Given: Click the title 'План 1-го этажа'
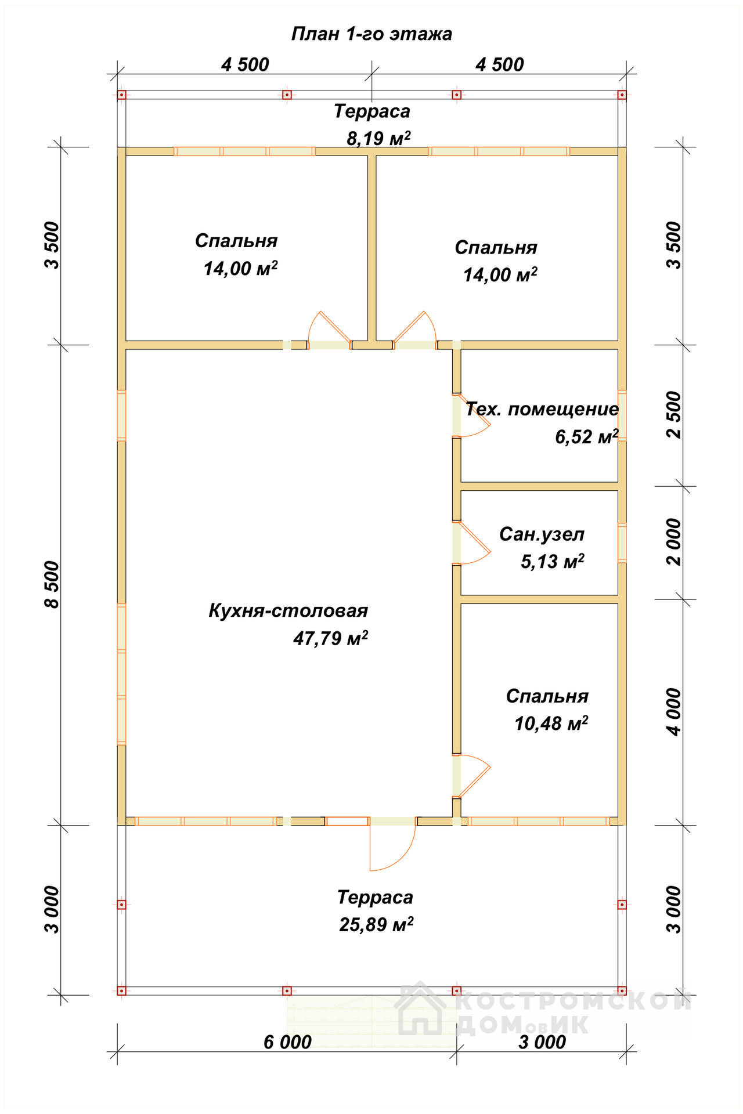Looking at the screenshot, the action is [371, 34].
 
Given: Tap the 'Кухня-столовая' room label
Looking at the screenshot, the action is [288, 610].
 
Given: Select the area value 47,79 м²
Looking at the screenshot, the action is [330, 638].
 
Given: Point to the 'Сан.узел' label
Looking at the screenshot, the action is [542, 534].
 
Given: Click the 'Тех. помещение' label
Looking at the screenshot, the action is [542, 409].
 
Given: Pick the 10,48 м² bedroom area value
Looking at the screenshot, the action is [551, 724].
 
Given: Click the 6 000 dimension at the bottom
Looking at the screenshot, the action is [287, 1042].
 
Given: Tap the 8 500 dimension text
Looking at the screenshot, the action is [52, 584].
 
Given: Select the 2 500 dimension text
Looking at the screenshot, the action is [673, 415].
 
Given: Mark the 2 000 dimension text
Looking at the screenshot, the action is [673, 542].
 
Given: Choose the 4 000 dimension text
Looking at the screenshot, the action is [673, 712].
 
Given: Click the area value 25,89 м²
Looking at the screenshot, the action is [376, 924].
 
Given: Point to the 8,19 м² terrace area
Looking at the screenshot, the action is [378, 139].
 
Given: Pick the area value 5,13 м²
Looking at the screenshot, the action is [552, 562].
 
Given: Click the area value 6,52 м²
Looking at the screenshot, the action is [587, 437].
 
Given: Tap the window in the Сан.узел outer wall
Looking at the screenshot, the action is [622, 543].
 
